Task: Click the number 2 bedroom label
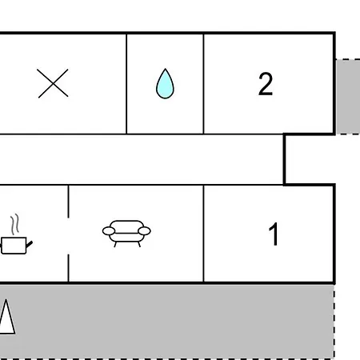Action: (266, 84)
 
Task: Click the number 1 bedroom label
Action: (274, 234)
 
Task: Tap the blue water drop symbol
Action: (165, 84)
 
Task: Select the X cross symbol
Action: (53, 83)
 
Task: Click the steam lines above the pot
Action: (15, 224)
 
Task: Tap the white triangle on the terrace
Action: (6, 317)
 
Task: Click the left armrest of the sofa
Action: (109, 231)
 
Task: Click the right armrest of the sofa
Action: (144, 231)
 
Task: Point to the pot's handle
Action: (30, 244)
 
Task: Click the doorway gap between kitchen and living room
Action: (68, 236)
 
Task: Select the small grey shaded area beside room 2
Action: (348, 97)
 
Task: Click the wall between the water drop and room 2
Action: (203, 84)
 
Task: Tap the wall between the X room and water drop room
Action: (126, 84)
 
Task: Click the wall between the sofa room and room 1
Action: (203, 234)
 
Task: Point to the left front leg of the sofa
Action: (115, 244)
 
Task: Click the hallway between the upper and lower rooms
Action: (142, 159)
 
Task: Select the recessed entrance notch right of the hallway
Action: (310, 159)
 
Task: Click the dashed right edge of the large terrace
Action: (334, 322)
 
